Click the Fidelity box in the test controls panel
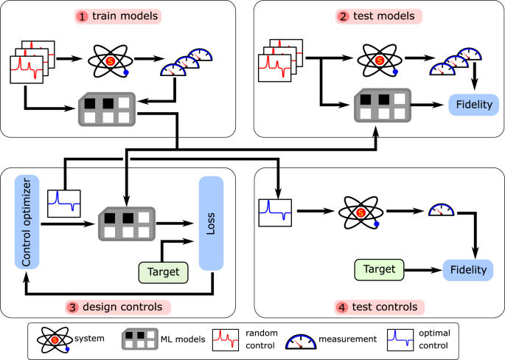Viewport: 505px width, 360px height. coord(466,270)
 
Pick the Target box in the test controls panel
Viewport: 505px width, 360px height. coord(380,270)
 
